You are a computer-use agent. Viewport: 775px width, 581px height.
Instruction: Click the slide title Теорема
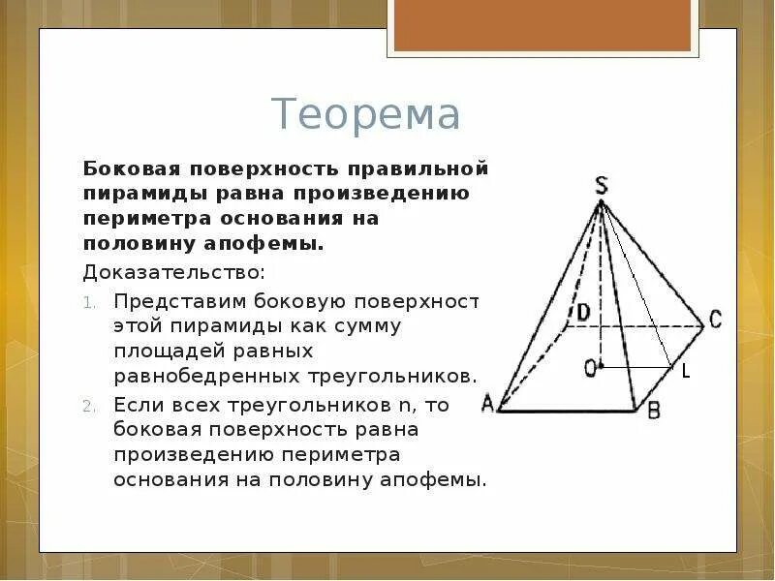click(x=365, y=115)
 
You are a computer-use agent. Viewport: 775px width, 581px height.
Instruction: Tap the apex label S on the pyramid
click(x=601, y=185)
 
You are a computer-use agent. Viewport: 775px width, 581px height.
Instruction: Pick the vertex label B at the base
click(x=653, y=411)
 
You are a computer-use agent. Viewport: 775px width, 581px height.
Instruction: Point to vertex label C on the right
click(x=715, y=320)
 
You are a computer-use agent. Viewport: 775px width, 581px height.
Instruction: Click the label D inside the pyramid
click(x=583, y=313)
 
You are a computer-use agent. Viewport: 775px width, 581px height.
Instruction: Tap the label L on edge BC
click(x=686, y=371)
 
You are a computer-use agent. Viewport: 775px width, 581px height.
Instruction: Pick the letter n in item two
click(x=400, y=405)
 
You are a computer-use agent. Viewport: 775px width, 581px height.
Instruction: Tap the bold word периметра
click(x=139, y=218)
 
